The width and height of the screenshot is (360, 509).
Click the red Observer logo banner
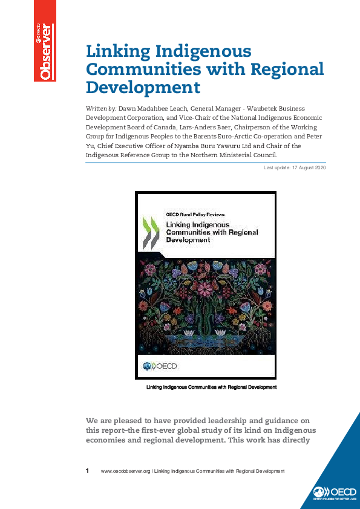[45, 41]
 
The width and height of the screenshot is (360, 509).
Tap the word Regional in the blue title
[282, 69]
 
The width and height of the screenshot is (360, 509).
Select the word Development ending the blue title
[143, 88]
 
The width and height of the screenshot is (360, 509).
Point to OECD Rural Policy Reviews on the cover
[195, 214]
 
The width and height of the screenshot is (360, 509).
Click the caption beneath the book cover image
[211, 387]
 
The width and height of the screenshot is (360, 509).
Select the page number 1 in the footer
[88, 470]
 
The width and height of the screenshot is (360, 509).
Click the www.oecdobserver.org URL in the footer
[125, 471]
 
